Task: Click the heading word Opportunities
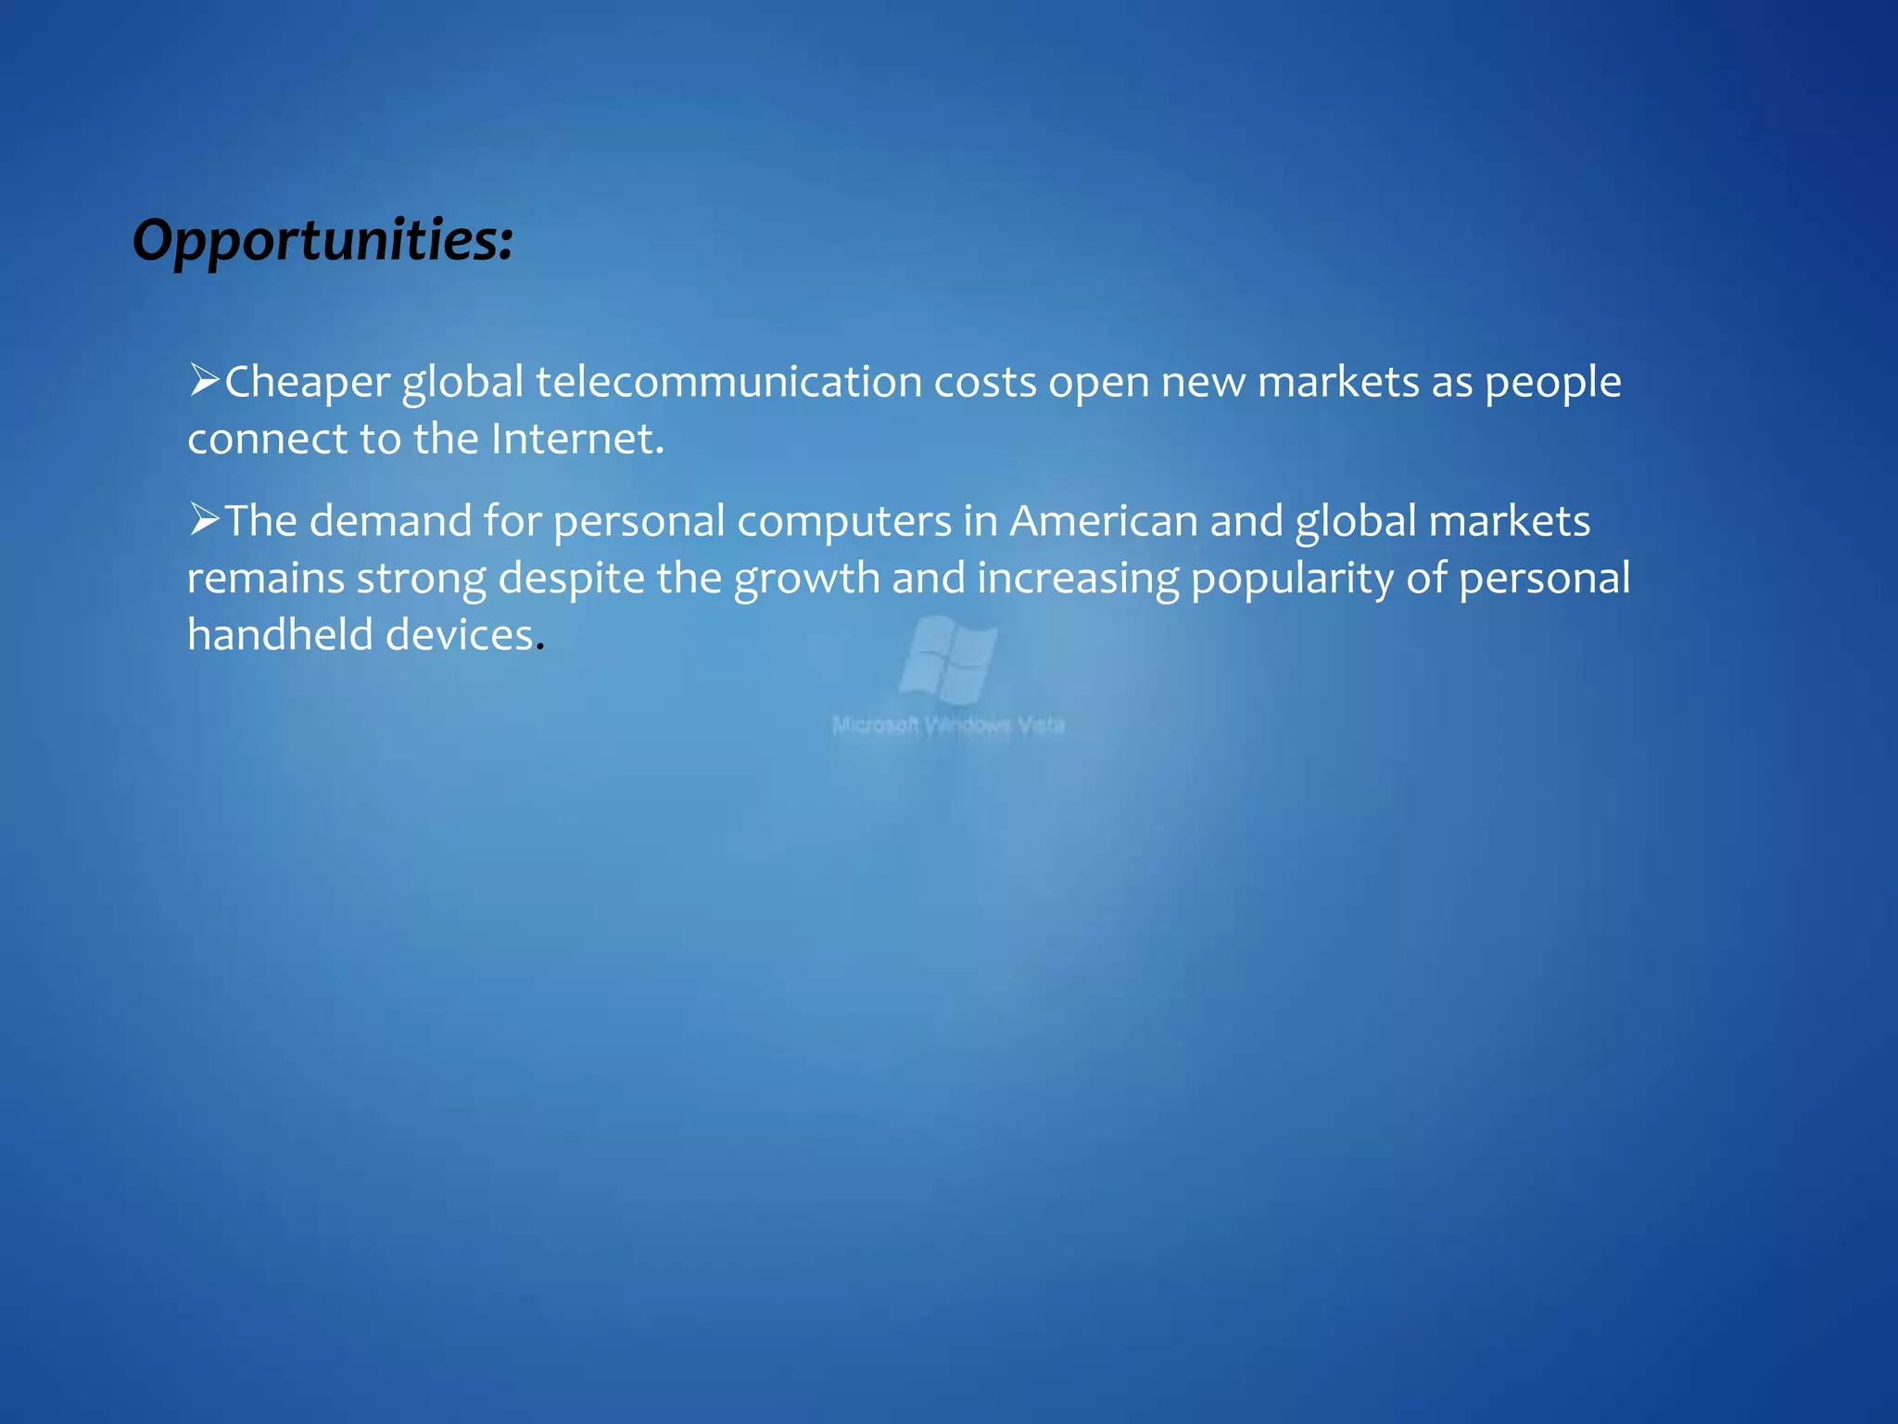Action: click(x=322, y=240)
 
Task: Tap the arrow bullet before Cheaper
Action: click(x=204, y=380)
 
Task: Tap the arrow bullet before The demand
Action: click(x=204, y=519)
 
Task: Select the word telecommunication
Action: click(x=728, y=382)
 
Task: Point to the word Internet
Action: click(x=576, y=439)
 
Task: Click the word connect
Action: click(x=267, y=439)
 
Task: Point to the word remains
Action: click(x=266, y=578)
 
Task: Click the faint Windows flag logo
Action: click(x=948, y=659)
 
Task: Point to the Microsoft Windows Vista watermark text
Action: click(x=948, y=725)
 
